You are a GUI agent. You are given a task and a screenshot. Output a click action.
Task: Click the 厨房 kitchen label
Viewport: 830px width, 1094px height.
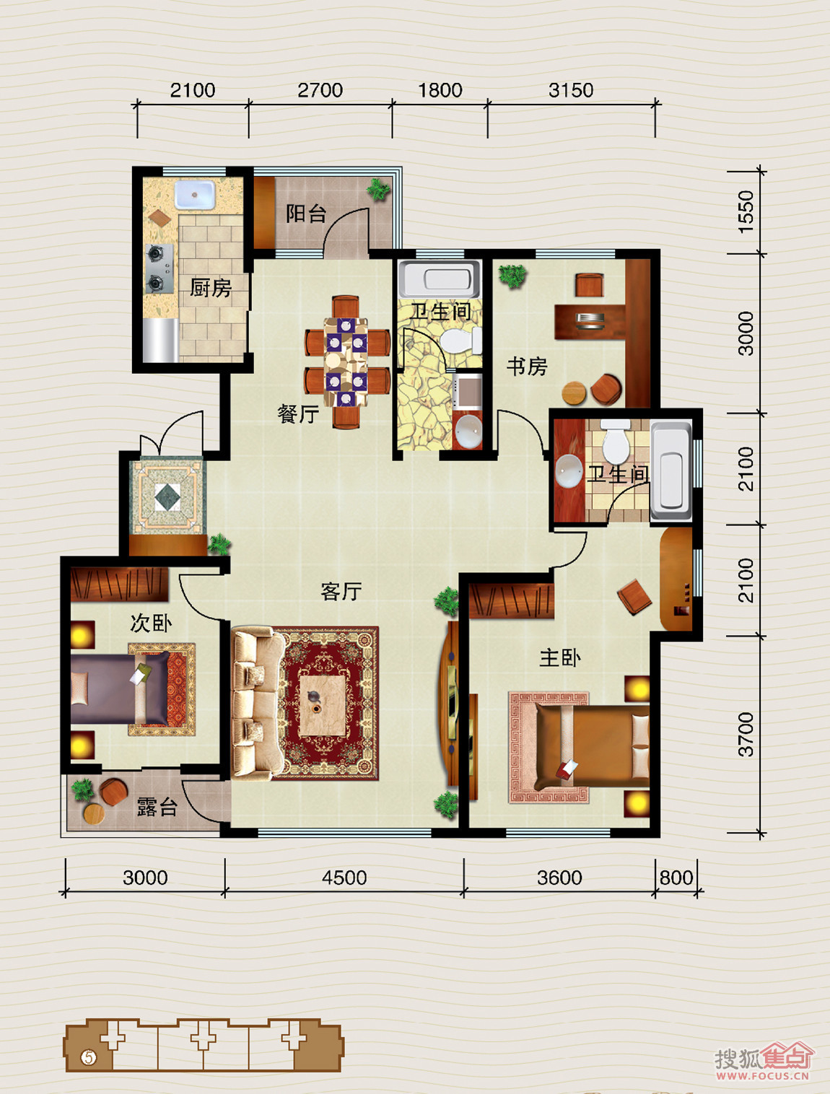(x=210, y=288)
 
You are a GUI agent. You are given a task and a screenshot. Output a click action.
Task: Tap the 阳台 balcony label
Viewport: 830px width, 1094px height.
(x=305, y=214)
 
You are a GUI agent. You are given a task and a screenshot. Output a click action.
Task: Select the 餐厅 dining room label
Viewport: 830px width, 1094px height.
(x=298, y=413)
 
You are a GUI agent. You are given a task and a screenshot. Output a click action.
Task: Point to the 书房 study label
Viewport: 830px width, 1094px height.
(x=527, y=367)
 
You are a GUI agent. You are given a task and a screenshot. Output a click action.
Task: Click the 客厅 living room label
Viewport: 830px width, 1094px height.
(x=341, y=592)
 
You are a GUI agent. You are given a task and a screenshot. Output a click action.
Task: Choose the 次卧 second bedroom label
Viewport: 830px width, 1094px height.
(x=151, y=623)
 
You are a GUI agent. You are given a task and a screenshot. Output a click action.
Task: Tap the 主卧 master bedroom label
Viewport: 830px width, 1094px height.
(x=560, y=658)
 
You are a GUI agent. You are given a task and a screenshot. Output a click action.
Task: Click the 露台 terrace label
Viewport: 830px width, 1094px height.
(x=157, y=807)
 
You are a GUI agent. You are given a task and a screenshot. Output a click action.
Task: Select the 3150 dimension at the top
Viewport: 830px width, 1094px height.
(x=571, y=90)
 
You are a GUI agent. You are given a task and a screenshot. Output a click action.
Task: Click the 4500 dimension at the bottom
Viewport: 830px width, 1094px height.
(x=344, y=878)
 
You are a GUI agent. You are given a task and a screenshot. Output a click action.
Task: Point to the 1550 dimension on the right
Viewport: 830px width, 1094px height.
(x=746, y=211)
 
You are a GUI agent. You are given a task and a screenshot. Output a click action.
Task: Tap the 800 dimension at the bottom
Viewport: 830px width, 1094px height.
(x=676, y=878)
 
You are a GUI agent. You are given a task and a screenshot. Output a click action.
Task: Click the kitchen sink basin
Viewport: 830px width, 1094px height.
(x=195, y=194)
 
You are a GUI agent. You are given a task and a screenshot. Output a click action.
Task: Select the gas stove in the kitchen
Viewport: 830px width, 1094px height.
(x=159, y=268)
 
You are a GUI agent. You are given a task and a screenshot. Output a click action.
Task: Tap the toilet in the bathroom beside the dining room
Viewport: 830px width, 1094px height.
(x=460, y=341)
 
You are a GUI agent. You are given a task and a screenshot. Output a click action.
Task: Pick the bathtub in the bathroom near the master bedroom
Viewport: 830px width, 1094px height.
(x=671, y=471)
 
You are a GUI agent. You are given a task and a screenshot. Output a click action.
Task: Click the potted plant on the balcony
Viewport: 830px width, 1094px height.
(x=378, y=189)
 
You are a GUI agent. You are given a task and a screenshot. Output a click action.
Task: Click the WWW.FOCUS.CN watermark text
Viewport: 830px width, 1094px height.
(x=762, y=1076)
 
